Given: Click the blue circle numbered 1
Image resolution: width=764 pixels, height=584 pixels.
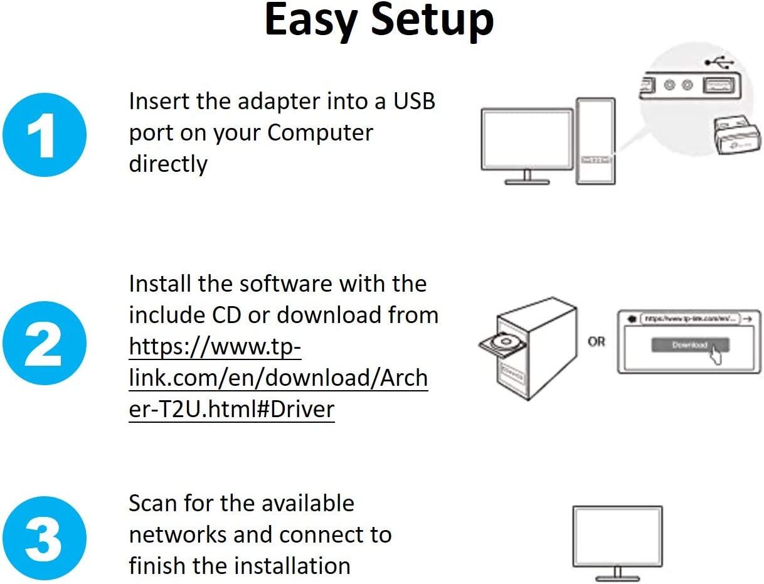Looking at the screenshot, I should [43, 135].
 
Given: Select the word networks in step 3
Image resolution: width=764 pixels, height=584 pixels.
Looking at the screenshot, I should [178, 534].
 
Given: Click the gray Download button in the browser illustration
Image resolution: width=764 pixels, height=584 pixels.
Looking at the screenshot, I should [689, 345].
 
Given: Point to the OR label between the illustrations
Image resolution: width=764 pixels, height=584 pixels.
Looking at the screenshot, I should [597, 342].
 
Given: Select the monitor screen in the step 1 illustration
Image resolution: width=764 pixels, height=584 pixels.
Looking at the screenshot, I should [527, 139].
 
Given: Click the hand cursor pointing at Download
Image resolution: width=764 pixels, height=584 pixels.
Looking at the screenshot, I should [714, 355].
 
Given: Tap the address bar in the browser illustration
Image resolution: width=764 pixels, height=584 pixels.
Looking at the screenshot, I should [690, 318].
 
